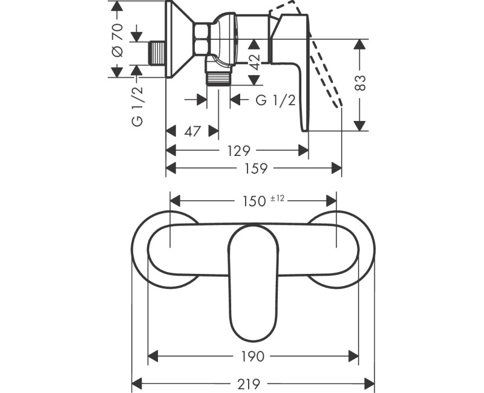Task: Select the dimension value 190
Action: click(x=253, y=357)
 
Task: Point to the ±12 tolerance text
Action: click(x=278, y=198)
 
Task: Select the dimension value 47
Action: click(x=193, y=131)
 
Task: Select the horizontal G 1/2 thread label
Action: click(x=275, y=100)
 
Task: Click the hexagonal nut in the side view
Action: click(x=202, y=39)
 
